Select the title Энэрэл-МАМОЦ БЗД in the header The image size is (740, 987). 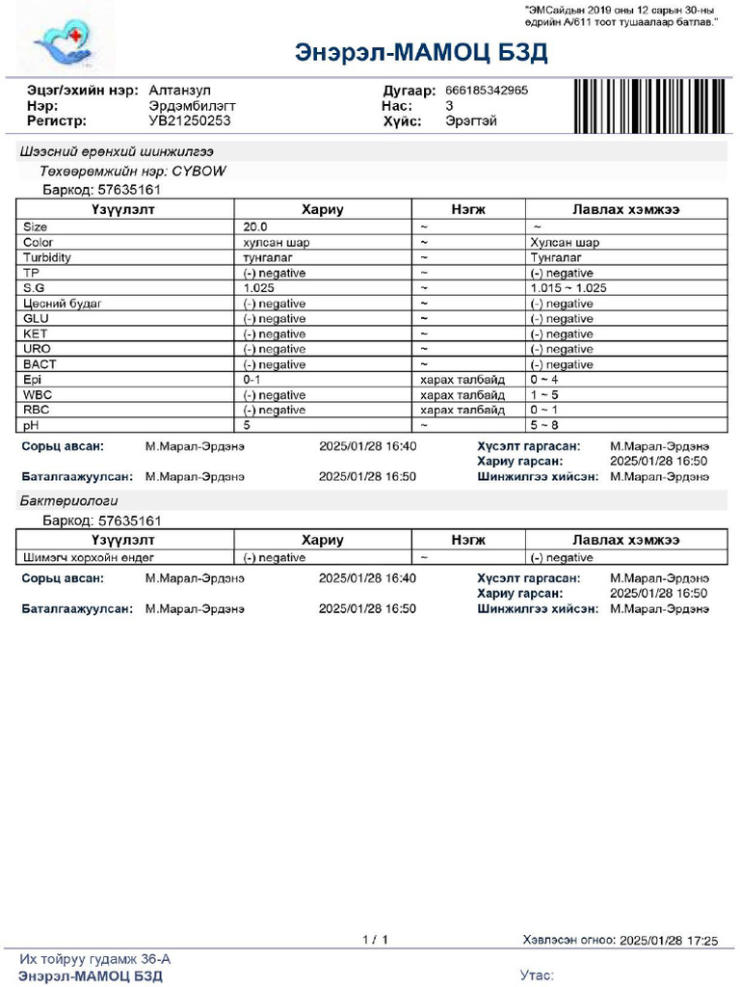421,52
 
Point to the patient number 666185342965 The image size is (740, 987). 487,90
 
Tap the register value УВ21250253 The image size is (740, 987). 190,120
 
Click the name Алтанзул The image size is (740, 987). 179,90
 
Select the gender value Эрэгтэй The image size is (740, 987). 471,120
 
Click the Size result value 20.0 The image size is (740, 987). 255,227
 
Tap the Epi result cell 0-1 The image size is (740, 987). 253,380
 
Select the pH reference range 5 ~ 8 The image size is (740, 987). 545,425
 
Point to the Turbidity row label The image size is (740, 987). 47,257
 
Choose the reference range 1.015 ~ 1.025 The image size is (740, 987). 568,288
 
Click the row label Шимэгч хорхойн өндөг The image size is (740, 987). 88,557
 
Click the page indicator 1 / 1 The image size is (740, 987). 375,939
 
